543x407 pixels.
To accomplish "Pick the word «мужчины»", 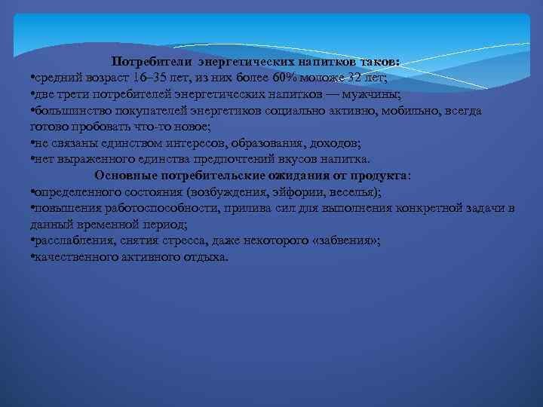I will click(x=372, y=94).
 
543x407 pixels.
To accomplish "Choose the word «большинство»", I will click(x=68, y=111).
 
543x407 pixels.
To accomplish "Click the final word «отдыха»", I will click(x=205, y=257).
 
